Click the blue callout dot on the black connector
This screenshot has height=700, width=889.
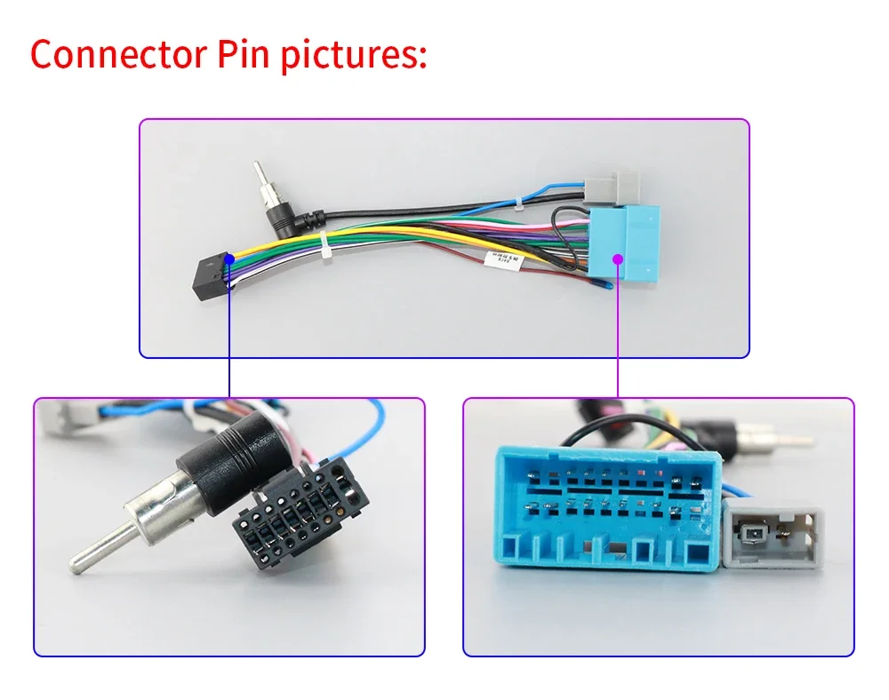coord(229,259)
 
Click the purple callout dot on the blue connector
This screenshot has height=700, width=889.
coord(618,258)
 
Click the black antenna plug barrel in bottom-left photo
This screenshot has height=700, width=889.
coord(222,452)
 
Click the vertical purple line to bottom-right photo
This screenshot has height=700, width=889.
coord(618,329)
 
